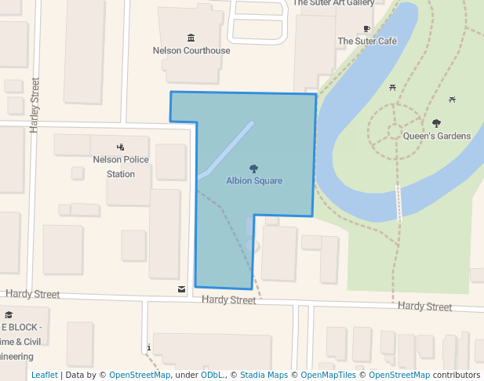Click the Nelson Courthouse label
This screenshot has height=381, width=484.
click(x=191, y=51)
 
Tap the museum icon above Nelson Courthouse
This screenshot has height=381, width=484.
click(x=191, y=38)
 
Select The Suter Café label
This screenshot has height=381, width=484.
click(x=366, y=41)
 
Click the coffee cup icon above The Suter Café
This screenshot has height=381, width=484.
click(x=366, y=29)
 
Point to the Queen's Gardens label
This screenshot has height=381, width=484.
click(x=437, y=136)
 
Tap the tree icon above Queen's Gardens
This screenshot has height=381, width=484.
click(x=437, y=123)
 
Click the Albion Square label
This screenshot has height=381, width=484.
click(x=254, y=180)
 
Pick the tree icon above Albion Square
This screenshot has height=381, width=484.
click(x=254, y=169)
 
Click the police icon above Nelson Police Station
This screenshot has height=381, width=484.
click(x=120, y=147)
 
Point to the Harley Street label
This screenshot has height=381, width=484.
click(x=35, y=104)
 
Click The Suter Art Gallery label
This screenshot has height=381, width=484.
click(x=333, y=3)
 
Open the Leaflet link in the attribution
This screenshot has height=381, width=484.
click(x=45, y=375)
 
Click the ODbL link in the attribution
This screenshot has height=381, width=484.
click(x=211, y=375)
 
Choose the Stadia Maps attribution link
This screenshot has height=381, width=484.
click(x=264, y=375)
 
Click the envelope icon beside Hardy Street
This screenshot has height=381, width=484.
click(x=182, y=289)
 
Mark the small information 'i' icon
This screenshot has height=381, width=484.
click(x=147, y=347)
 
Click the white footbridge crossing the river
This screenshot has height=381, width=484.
click(x=399, y=203)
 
